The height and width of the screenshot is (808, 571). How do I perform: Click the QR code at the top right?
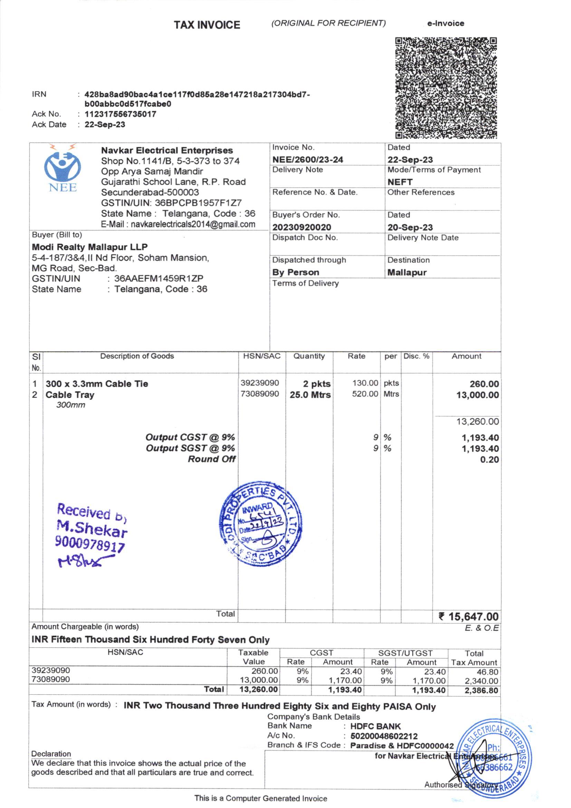coord(446,88)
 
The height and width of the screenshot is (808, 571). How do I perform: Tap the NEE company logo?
coord(63,169)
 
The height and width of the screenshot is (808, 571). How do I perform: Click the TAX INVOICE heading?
coord(207,25)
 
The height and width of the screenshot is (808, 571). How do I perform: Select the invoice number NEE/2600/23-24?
coord(307,159)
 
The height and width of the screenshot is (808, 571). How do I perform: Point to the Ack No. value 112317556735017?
coord(120,114)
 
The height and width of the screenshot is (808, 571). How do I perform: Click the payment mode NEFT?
coord(400,182)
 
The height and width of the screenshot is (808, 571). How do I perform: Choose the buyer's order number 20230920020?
coord(302,227)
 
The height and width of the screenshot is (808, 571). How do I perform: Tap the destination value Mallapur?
coord(407,272)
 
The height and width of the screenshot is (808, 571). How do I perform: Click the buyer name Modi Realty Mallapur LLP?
coord(90,247)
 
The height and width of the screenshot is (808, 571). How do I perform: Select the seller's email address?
coord(193,224)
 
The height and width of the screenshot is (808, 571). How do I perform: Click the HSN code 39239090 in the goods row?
coord(260,383)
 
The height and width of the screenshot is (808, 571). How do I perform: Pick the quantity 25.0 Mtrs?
coord(310,395)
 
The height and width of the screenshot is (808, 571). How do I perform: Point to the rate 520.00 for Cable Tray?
coord(365,394)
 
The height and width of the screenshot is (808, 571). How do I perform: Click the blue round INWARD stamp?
coord(260,523)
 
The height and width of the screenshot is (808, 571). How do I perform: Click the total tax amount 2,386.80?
coord(481,690)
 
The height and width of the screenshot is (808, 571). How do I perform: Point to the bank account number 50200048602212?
coord(384,736)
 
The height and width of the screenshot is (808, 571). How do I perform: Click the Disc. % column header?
coord(416,356)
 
